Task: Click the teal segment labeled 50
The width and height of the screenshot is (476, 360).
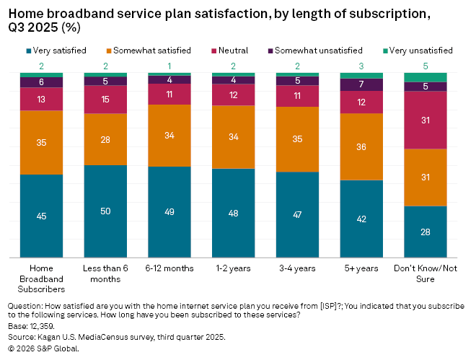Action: point(106,211)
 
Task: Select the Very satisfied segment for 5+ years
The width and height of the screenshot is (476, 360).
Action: point(361,219)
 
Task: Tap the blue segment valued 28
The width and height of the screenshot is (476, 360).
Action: point(425,232)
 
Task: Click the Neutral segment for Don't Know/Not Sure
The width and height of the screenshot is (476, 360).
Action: point(425,120)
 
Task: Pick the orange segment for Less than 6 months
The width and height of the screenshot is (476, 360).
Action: point(106,139)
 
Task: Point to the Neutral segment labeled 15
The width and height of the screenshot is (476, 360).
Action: point(106,100)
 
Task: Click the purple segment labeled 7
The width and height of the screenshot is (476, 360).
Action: point(361,84)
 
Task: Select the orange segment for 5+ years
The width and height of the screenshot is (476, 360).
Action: point(361,146)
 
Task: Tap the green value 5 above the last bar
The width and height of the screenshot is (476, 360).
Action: point(425,66)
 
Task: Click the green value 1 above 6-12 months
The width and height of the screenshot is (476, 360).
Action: point(169,66)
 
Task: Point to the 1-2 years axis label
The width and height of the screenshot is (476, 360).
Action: point(234,268)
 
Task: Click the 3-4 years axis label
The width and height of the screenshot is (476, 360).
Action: point(297,268)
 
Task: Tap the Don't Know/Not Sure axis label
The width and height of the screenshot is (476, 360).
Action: point(425,273)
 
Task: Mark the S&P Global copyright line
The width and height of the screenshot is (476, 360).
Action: point(43,348)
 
